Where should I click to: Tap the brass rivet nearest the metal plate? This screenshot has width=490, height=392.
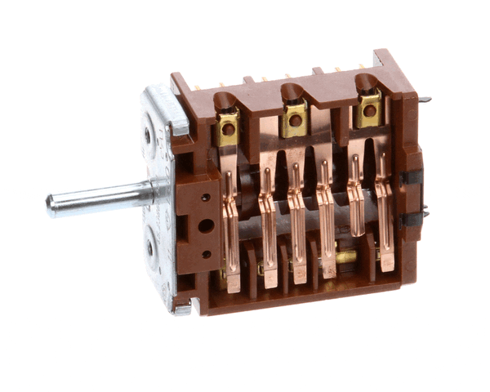pyautogui.click(x=228, y=129)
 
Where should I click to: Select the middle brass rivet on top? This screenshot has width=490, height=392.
pyautogui.click(x=296, y=120)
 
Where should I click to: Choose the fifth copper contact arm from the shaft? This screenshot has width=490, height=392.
pyautogui.click(x=355, y=208)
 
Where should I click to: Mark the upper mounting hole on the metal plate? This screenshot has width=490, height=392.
pyautogui.click(x=148, y=136)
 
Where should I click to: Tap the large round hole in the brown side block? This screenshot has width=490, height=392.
pyautogui.click(x=205, y=225)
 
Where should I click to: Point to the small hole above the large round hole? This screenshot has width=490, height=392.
pyautogui.click(x=203, y=198)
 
